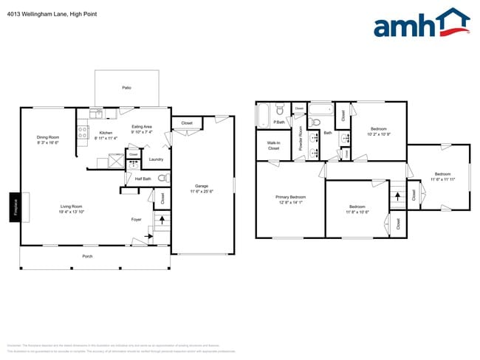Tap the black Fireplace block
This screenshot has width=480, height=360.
14,207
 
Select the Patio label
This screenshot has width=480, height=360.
126,88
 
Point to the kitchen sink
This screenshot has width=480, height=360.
96,114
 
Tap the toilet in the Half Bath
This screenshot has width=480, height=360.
162,179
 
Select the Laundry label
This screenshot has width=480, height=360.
156,159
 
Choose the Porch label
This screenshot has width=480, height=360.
87,256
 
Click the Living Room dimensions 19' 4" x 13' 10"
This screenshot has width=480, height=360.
71,212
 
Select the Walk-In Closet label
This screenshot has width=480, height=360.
273,146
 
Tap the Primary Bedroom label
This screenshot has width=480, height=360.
290,197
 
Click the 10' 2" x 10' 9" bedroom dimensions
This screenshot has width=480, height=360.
378,134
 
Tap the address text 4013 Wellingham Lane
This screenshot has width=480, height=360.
30,14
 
